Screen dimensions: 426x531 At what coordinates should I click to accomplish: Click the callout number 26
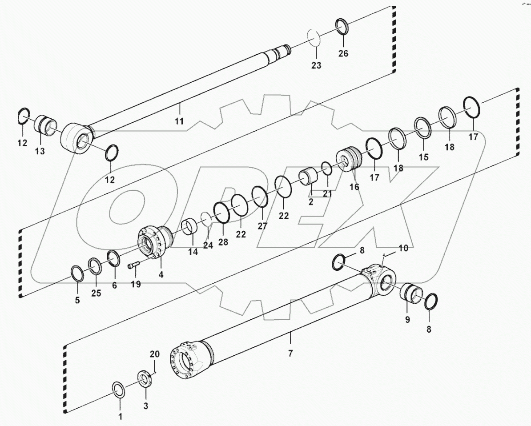click(343, 53)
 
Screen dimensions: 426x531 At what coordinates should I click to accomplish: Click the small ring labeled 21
click(326, 169)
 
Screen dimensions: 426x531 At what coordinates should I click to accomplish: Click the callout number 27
click(262, 226)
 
